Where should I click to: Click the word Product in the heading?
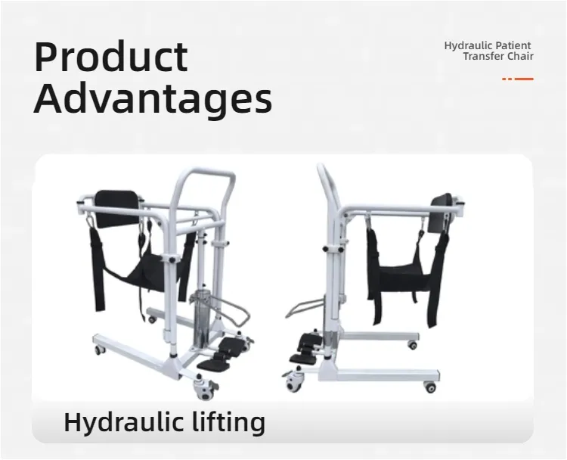(110, 57)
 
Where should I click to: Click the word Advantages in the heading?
(153, 98)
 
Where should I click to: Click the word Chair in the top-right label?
(521, 57)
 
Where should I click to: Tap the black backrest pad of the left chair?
(118, 207)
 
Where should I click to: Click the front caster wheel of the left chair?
(205, 390)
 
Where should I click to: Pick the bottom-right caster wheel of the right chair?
(430, 387)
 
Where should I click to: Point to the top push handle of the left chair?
(203, 176)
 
